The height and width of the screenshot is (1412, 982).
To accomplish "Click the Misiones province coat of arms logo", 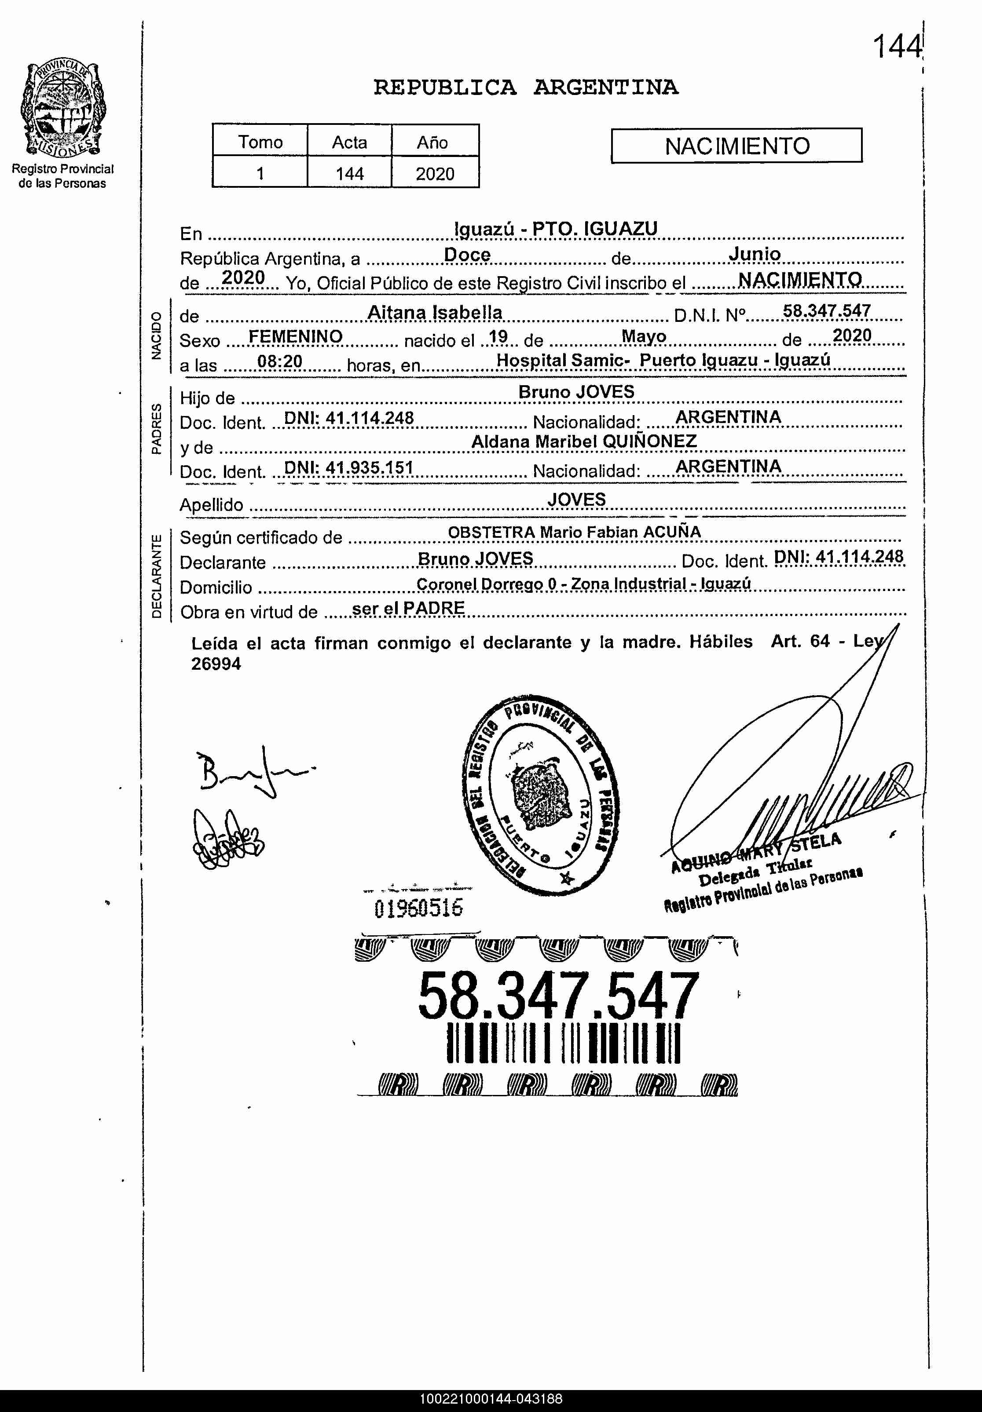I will tap(62, 109).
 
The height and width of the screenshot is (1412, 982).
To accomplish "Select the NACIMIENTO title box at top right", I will tap(736, 146).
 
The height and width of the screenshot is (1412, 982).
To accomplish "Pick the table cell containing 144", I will tap(349, 173).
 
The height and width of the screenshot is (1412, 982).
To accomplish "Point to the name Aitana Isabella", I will tap(434, 313).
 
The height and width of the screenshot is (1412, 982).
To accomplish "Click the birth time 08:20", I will tap(279, 361).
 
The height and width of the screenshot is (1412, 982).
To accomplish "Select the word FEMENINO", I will tap(295, 336).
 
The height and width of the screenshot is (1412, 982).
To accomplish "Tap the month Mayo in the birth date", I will tap(644, 336).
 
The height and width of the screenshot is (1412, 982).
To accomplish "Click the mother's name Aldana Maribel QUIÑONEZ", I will tap(583, 441).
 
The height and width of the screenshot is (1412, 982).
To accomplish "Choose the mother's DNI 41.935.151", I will tap(348, 468).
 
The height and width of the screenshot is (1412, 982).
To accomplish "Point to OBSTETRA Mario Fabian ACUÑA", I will tap(574, 533).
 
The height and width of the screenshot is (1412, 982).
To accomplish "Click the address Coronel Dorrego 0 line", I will tap(583, 584).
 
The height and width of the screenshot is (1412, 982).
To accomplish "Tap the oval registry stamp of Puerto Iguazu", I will tap(541, 795).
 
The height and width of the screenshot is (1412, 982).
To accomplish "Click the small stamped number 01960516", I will tap(418, 908).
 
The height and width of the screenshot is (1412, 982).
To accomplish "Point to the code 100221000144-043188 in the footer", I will tap(491, 1399).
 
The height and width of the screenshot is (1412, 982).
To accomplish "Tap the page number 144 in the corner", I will tap(897, 47).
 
